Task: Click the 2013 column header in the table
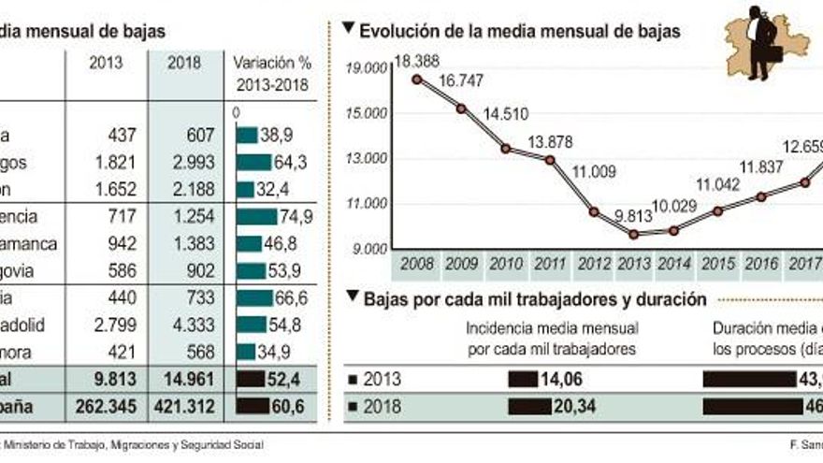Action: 105,63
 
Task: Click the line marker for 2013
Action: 634,234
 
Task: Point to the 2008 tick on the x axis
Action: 416,265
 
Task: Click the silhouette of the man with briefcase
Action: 760,43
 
